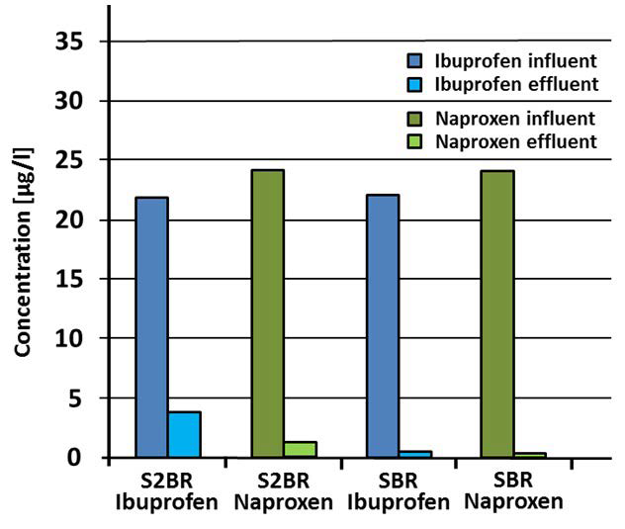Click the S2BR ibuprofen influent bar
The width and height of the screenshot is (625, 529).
point(151,327)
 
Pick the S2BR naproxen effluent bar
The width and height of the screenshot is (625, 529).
point(300,450)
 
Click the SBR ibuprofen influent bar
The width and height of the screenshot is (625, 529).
point(383,326)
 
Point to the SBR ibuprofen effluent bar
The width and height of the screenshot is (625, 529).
point(415,454)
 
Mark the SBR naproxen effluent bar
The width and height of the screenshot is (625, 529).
point(530,455)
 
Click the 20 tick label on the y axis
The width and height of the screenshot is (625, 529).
point(76,220)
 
